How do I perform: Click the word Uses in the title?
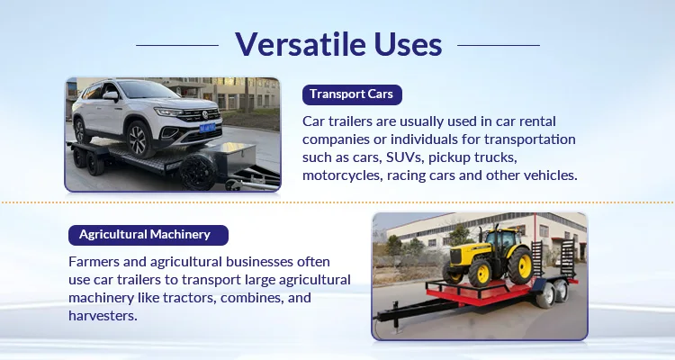pyautogui.click(x=408, y=44)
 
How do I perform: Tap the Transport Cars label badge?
pyautogui.click(x=352, y=94)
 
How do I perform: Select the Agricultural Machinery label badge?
pyautogui.click(x=148, y=235)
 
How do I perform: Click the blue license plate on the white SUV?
pyautogui.click(x=207, y=128)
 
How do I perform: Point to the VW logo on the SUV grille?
pyautogui.click(x=205, y=114)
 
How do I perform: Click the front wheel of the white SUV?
pyautogui.click(x=139, y=139)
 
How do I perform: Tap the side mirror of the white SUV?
pyautogui.click(x=110, y=95)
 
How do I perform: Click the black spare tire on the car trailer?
pyautogui.click(x=198, y=171)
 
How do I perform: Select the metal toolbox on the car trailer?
pyautogui.click(x=235, y=158)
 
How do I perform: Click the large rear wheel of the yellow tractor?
pyautogui.click(x=520, y=265)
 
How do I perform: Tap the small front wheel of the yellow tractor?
pyautogui.click(x=480, y=273)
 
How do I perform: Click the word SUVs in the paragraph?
pyautogui.click(x=403, y=157)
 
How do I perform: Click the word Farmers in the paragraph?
pyautogui.click(x=94, y=262)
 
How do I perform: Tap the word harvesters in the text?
pyautogui.click(x=103, y=316)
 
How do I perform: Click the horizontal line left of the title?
pyautogui.click(x=177, y=45)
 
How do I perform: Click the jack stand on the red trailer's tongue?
pyautogui.click(x=396, y=317)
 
